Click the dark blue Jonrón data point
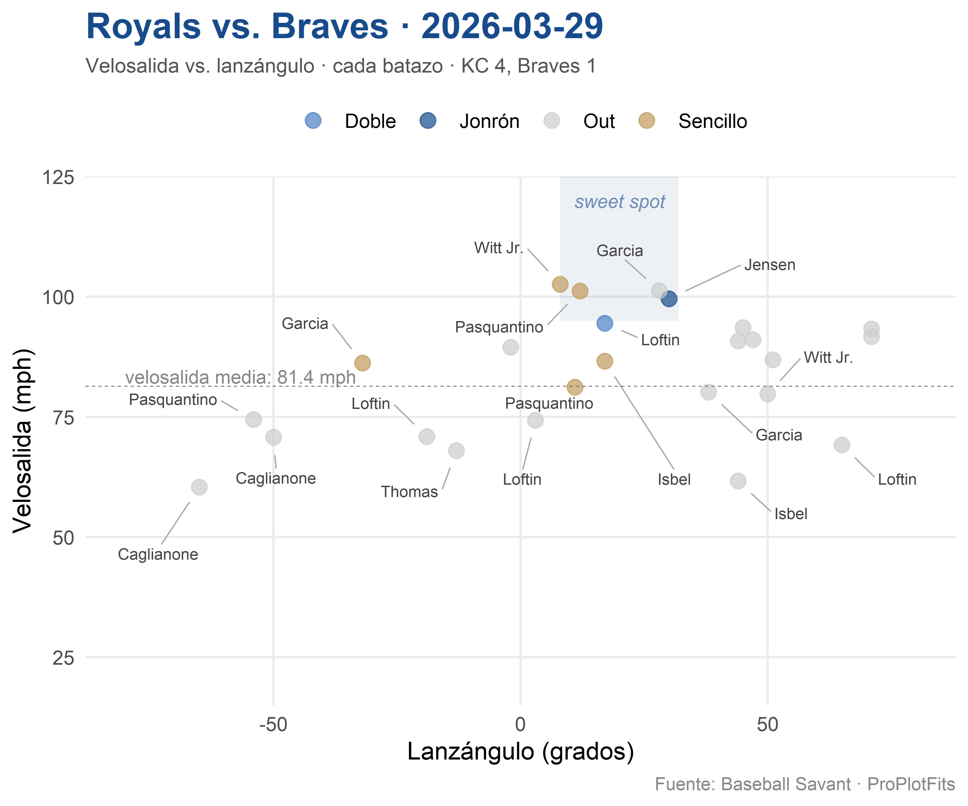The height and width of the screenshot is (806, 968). (x=669, y=299)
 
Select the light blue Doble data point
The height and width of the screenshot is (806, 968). (x=604, y=323)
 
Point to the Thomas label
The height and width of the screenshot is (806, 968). (x=409, y=492)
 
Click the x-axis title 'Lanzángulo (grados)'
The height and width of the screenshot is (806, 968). (x=520, y=752)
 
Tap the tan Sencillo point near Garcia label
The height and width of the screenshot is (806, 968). (x=362, y=363)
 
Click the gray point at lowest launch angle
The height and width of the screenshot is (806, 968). (x=199, y=487)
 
